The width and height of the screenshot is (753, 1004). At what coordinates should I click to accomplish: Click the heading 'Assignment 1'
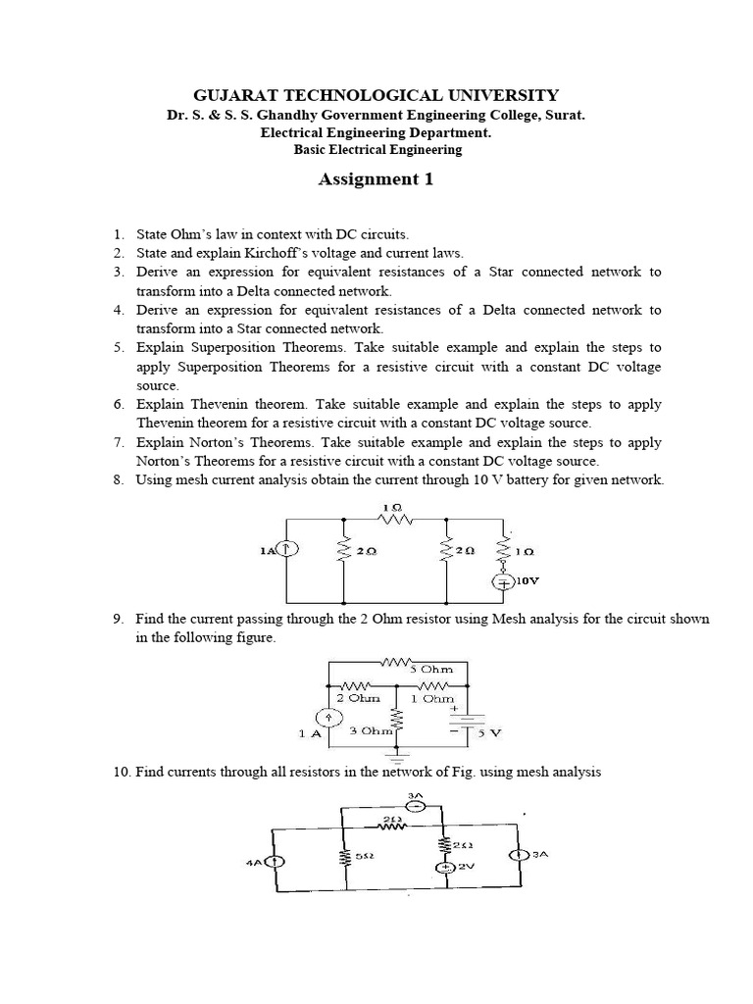pos(376,179)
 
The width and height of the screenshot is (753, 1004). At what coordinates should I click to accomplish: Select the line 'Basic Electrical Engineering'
pos(377,150)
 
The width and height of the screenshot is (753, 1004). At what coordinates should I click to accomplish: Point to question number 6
pos(119,404)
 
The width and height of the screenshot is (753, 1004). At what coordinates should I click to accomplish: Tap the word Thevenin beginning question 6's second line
pos(168,423)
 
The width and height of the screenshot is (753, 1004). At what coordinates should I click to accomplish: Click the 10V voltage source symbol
pos(504,580)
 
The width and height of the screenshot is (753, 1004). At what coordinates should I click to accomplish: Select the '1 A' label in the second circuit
pos(310,733)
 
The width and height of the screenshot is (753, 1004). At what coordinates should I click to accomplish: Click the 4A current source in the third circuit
pos(277,862)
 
